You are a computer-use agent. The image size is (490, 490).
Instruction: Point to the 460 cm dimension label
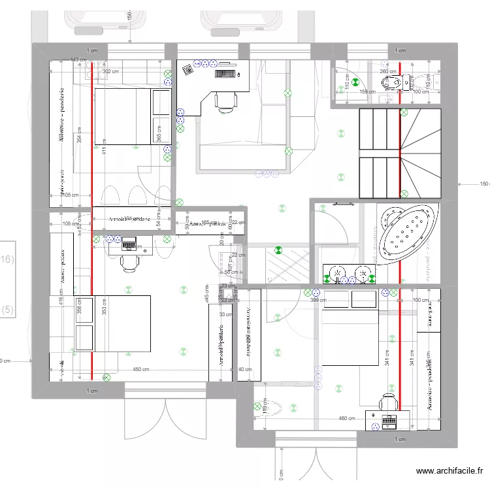pyautogui.click(x=346, y=419)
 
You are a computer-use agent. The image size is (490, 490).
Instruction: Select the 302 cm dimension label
pyautogui.click(x=110, y=72)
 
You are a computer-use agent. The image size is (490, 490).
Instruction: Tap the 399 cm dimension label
pyautogui.click(x=318, y=300)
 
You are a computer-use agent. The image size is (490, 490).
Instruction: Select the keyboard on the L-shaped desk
pyautogui.click(x=226, y=73)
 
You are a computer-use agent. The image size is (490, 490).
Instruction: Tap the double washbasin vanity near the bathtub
pyautogui.click(x=349, y=274)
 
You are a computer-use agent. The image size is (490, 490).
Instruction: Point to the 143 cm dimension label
pyautogui.click(x=78, y=60)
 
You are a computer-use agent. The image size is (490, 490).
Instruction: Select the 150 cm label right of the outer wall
pyautogui.click(x=483, y=184)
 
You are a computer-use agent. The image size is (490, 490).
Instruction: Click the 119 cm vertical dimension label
pyautogui.click(x=264, y=407)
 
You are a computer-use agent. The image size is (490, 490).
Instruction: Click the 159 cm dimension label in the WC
pyautogui.click(x=367, y=92)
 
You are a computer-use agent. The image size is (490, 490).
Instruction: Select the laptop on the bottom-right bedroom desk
pyautogui.click(x=389, y=421)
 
